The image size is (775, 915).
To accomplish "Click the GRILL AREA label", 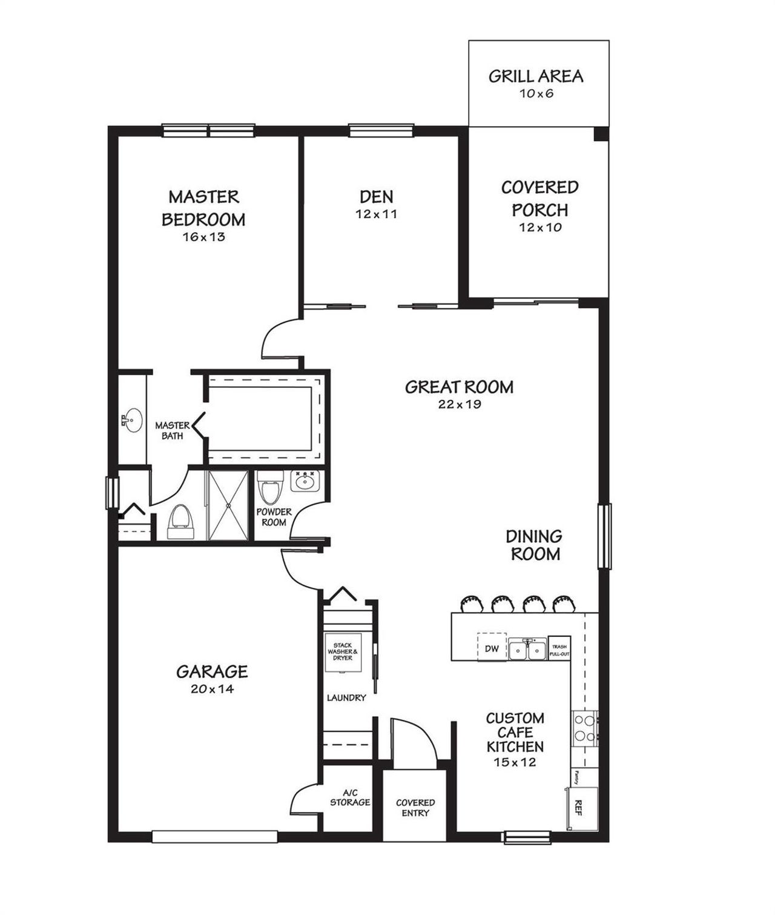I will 536,76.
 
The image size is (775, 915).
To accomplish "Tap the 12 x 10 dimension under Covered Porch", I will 540,228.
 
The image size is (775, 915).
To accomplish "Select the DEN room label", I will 376,196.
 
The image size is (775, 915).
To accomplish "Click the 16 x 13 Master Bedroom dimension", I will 203,237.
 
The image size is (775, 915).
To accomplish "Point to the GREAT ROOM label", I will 459,387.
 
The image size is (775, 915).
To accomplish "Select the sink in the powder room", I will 305,482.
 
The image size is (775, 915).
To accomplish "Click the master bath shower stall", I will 228,505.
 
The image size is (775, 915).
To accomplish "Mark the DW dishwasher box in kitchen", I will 492,648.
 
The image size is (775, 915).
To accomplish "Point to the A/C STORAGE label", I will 350,798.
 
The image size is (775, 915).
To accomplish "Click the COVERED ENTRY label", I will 415,808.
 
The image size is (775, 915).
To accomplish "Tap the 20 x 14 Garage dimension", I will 212,689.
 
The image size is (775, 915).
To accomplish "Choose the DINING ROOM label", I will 534,545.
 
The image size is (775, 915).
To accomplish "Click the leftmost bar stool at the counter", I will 471,603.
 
